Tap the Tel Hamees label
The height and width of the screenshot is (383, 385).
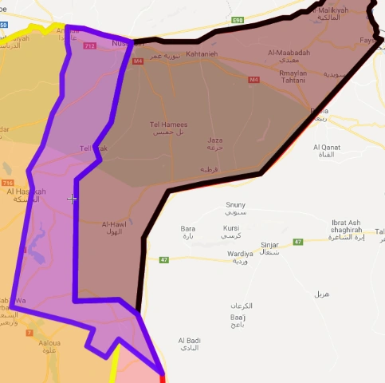coord(168,124)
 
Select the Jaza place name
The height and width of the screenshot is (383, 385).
coord(215,140)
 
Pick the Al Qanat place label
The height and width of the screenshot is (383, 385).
coord(328,147)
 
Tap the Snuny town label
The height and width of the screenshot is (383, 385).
coord(236,205)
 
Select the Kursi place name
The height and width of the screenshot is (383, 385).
coord(231,228)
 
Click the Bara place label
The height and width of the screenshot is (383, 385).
coord(188,228)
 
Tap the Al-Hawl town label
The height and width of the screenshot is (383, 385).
coord(116,226)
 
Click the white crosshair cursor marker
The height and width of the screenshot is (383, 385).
coord(72,199)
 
